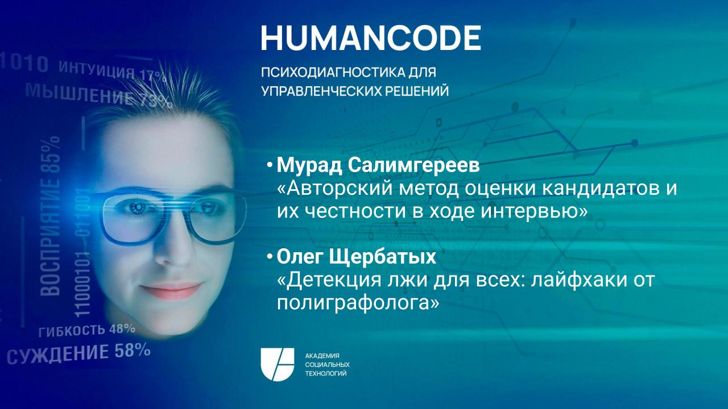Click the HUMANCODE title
tap(371, 37)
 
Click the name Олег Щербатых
tap(356, 257)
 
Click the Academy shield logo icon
tap(277, 364)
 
